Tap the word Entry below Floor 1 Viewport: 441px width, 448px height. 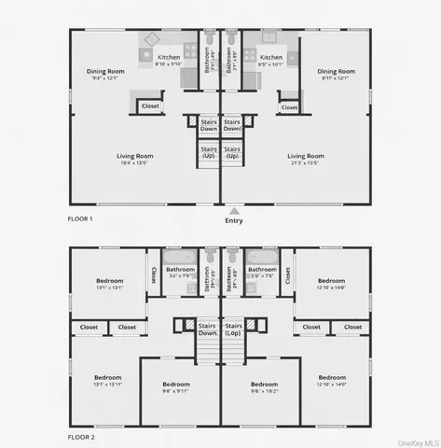pyautogui.click(x=233, y=221)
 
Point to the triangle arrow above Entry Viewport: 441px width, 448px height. pyautogui.click(x=233, y=212)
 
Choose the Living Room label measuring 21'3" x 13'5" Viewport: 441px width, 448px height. pyautogui.click(x=305, y=160)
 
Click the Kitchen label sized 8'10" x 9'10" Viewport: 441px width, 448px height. pyautogui.click(x=169, y=61)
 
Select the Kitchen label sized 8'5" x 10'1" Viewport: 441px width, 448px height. pyautogui.click(x=270, y=61)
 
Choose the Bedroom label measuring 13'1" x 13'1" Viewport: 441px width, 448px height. pyautogui.click(x=109, y=284)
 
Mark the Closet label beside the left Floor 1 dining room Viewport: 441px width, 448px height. pyautogui.click(x=150, y=106)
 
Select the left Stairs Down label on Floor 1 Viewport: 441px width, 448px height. pyautogui.click(x=208, y=124)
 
